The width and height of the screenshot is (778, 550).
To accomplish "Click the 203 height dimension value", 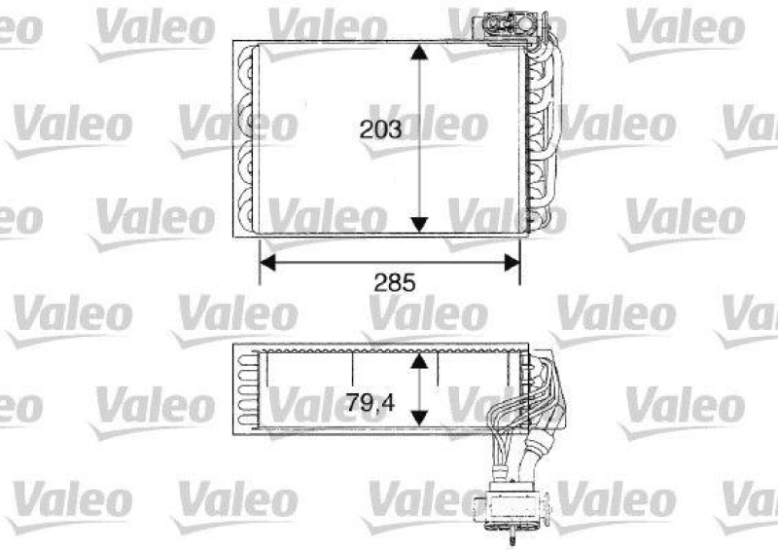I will click(380, 128).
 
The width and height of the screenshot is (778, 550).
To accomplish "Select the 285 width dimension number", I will click(394, 283).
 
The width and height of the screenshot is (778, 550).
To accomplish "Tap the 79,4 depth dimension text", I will click(373, 399).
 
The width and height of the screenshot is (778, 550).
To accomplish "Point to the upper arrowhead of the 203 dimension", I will click(419, 52).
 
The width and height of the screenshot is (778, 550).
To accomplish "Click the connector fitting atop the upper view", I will click(508, 23).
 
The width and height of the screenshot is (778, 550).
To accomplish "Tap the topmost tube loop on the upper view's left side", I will click(245, 68).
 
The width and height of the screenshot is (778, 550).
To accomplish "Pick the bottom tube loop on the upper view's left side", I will click(245, 209).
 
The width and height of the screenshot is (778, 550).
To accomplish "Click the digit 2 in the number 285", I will click(381, 283).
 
